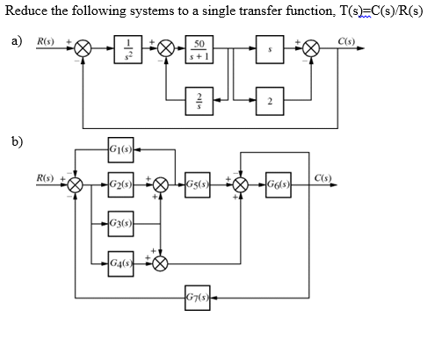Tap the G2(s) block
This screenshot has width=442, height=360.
(120, 185)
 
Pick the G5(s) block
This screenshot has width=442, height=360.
(197, 185)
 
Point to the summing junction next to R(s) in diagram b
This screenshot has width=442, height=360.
(76, 185)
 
